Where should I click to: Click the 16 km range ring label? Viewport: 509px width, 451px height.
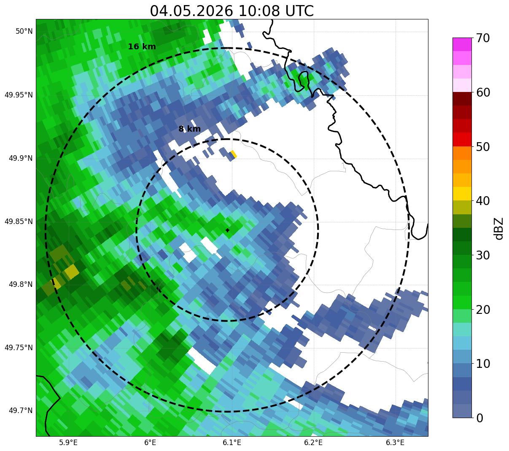[142, 46]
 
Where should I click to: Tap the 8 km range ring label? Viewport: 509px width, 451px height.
[189, 129]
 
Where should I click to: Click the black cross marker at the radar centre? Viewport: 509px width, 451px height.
[227, 230]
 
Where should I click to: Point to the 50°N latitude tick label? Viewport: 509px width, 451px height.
[24, 31]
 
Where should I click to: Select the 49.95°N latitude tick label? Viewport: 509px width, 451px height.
[19, 95]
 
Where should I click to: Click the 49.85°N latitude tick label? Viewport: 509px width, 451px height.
[19, 221]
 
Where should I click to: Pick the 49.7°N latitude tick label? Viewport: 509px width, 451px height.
[21, 410]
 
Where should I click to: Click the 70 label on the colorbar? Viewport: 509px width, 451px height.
[482, 38]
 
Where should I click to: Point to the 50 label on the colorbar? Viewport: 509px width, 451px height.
[482, 147]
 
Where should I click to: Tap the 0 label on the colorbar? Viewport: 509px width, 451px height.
[479, 419]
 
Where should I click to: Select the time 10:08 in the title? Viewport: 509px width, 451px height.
[259, 11]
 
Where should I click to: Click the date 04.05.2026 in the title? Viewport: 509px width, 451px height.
[191, 11]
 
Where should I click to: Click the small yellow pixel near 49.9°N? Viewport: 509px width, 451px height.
[234, 154]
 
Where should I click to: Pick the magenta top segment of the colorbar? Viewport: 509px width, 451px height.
[462, 44]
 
